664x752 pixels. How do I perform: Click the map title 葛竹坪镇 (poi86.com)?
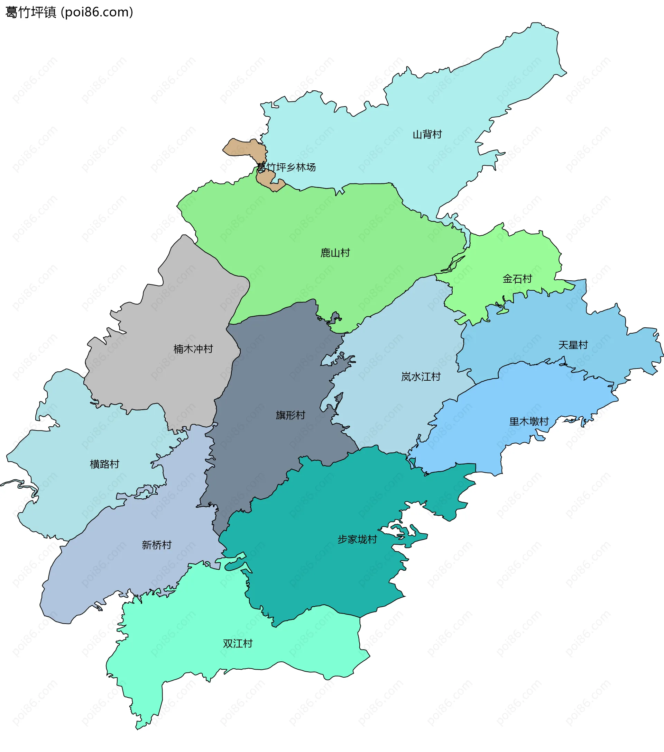69,12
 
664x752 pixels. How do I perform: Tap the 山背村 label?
427,134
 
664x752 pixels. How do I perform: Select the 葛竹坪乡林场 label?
286,167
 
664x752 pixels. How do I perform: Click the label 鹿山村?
335,253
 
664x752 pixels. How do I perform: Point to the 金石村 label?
517,279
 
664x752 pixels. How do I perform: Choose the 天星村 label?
573,345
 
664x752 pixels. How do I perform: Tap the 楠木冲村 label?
193,349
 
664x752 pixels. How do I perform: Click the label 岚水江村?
421,377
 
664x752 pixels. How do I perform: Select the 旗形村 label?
290,415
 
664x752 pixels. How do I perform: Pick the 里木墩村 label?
529,422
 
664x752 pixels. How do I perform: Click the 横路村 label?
104,464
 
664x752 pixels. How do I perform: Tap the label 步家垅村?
357,540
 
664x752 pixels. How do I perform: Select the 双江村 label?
238,643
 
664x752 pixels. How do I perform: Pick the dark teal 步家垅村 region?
324,574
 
